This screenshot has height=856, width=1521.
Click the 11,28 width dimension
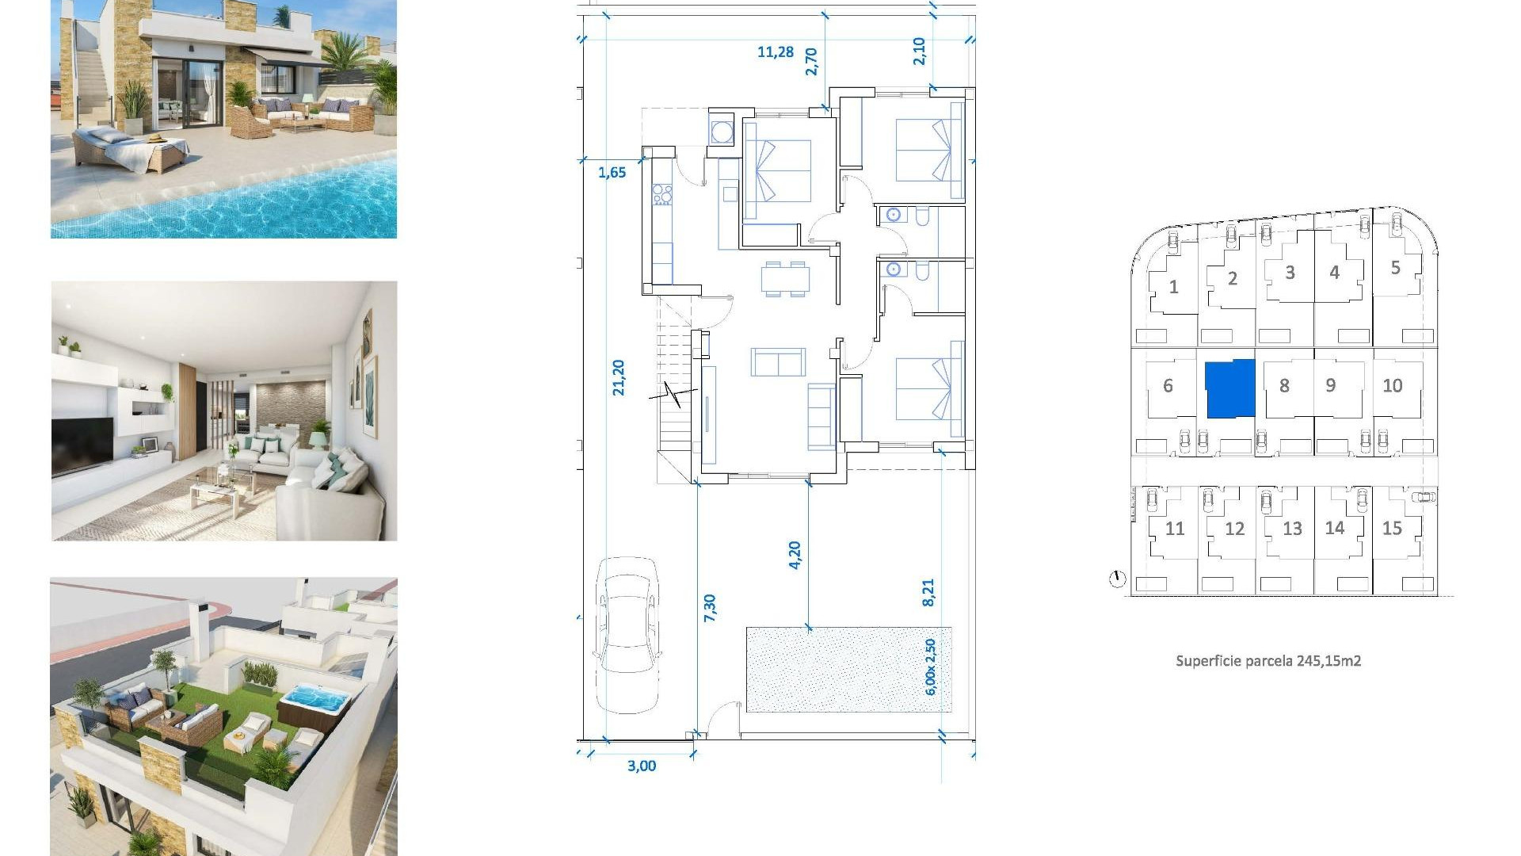[775, 52]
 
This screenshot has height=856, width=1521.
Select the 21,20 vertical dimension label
[619, 377]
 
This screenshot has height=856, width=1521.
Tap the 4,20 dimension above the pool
[795, 555]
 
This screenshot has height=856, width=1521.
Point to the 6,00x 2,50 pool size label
[931, 667]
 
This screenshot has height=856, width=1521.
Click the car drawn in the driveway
[627, 634]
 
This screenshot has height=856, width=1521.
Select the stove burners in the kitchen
[661, 194]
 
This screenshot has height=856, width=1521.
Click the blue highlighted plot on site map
[1229, 388]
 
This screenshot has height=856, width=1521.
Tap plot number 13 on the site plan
[1292, 529]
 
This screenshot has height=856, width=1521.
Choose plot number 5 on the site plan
[1395, 268]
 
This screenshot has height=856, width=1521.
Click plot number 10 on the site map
[1392, 386]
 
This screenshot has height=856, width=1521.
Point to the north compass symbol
[1117, 579]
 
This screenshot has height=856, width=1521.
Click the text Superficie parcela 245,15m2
[1267, 661]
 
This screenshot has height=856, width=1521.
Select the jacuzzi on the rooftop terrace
[314, 701]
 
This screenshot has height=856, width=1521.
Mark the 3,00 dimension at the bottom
[641, 766]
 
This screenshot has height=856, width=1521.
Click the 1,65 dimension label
[612, 173]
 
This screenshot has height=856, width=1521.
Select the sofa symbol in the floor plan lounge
[778, 362]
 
